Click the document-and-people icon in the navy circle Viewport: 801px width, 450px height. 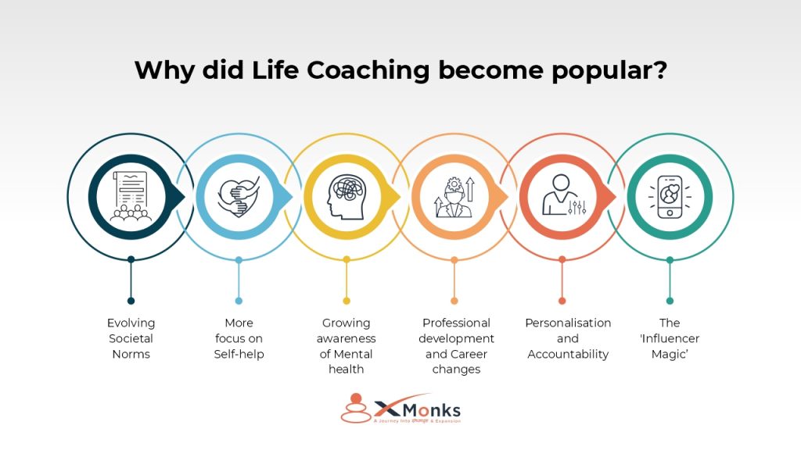pyautogui.click(x=131, y=196)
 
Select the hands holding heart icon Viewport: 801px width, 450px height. pyautogui.click(x=239, y=196)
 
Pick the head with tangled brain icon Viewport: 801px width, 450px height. pyautogui.click(x=346, y=196)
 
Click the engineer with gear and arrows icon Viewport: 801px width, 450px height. pyautogui.click(x=454, y=196)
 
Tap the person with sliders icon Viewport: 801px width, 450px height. pyautogui.click(x=562, y=196)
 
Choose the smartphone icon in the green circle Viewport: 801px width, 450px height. pyautogui.click(x=670, y=196)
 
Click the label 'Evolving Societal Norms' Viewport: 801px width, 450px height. pyautogui.click(x=131, y=338)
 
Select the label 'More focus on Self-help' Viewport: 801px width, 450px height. pyautogui.click(x=239, y=338)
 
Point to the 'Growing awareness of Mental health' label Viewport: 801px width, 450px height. pyautogui.click(x=346, y=346)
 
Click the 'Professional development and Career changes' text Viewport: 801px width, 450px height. pyautogui.click(x=456, y=346)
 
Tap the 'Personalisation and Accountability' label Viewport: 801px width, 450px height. pyautogui.click(x=568, y=338)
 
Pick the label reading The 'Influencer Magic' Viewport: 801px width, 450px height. pyautogui.click(x=670, y=338)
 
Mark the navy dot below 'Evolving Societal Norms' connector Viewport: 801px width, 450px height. pyautogui.click(x=131, y=301)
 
